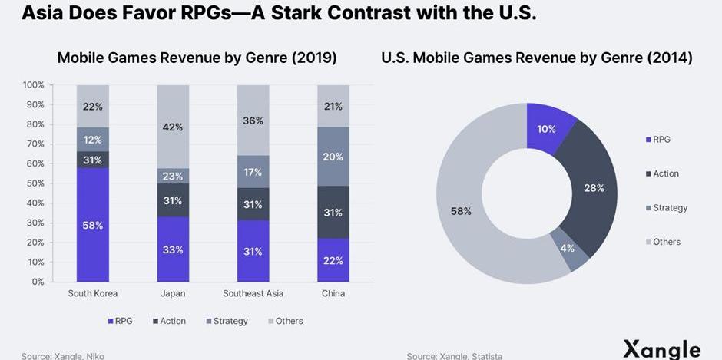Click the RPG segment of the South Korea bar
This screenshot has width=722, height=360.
pos(92,225)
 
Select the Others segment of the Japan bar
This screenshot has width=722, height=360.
pos(173,127)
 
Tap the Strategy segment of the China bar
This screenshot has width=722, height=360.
pos(333,157)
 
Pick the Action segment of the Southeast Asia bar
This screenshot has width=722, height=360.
pos(253,204)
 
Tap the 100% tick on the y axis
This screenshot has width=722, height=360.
pos(34,85)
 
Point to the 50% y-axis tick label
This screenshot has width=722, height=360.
pos(35,183)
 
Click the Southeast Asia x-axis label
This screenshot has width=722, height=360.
pos(253,294)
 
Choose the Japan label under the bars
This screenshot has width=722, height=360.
pos(173,294)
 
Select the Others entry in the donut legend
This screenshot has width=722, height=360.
pos(666,242)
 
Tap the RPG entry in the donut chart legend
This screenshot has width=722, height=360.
pos(661,140)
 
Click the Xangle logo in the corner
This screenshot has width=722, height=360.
pos(661,348)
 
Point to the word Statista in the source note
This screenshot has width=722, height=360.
pos(486,356)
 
